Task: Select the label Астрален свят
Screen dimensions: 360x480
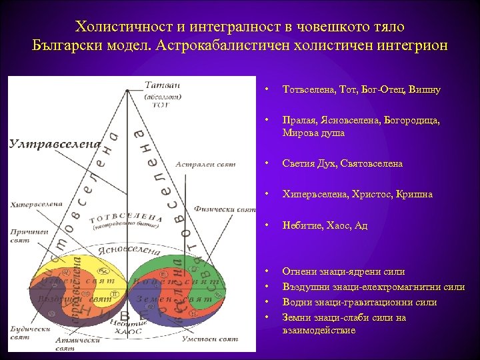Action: [206, 164]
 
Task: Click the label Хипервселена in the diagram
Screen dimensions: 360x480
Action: [37, 204]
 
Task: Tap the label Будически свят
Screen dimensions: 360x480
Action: [30, 332]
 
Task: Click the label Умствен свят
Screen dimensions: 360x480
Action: [209, 339]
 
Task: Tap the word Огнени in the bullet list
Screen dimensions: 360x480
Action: [298, 271]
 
